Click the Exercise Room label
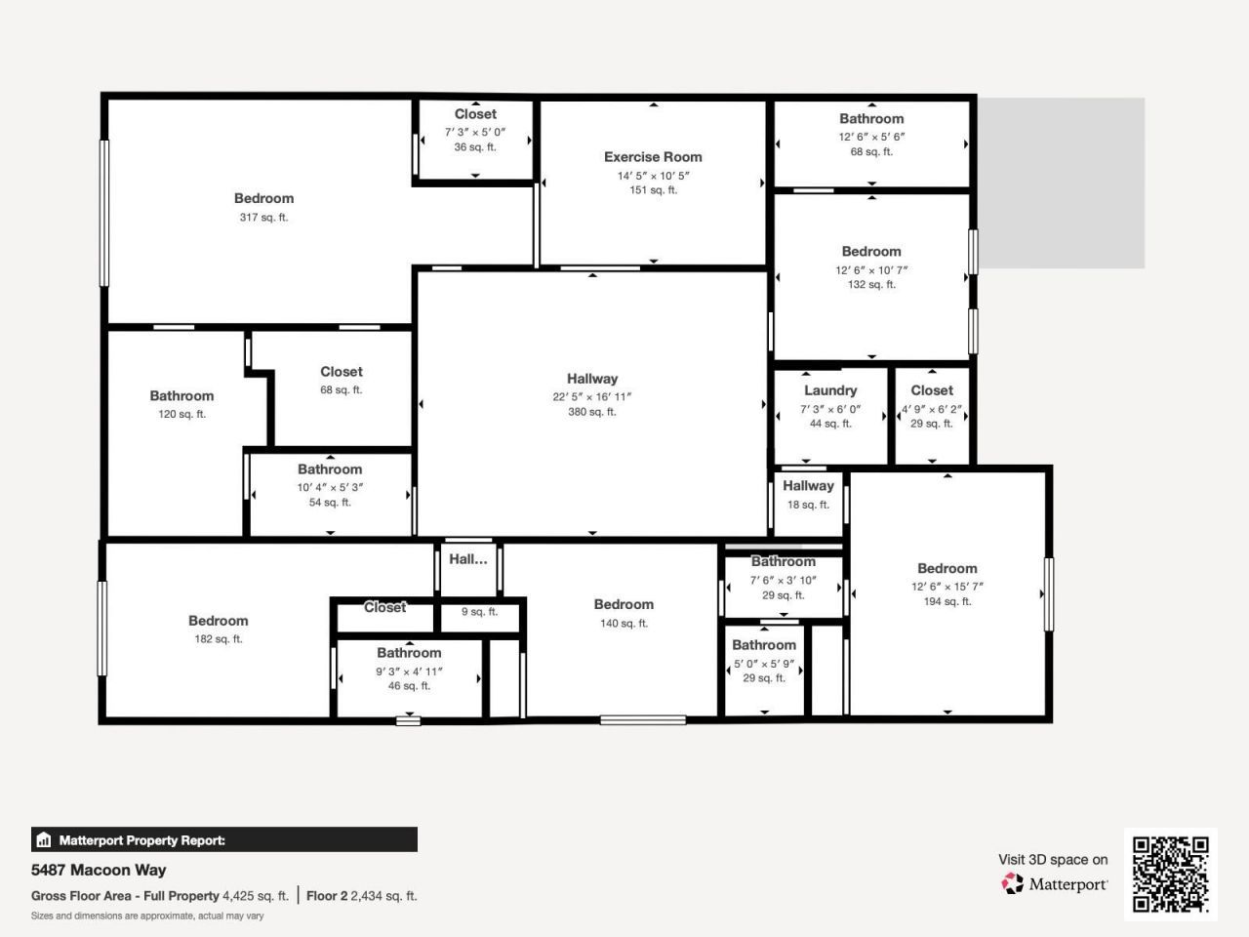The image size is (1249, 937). pos(653,157)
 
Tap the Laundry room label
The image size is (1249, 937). pos(830,390)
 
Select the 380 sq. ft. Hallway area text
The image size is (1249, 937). pos(592,412)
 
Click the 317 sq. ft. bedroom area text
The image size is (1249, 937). pos(263,218)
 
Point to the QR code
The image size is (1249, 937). pos(1171,874)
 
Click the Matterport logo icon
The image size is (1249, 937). pos(1013,883)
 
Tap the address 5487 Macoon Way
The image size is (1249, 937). pos(99,870)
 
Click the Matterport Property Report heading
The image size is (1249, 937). pos(141,840)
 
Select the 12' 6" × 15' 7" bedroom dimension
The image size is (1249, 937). pos(947,587)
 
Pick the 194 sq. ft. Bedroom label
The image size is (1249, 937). pos(947,568)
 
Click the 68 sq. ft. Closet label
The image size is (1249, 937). pos(342,372)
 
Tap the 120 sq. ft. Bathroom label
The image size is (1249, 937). pos(181,396)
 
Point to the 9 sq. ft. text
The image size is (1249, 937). pos(479,612)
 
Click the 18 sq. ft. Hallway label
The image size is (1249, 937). pos(808,486)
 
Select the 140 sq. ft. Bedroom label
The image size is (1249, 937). pos(624,605)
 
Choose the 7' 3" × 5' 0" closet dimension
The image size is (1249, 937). pos(475,132)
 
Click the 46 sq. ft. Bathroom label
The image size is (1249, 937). pos(409,653)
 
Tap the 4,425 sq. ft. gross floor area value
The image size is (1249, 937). pos(256,896)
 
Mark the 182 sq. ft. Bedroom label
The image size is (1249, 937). pos(218,621)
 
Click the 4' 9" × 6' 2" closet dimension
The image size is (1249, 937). pos(932,409)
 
